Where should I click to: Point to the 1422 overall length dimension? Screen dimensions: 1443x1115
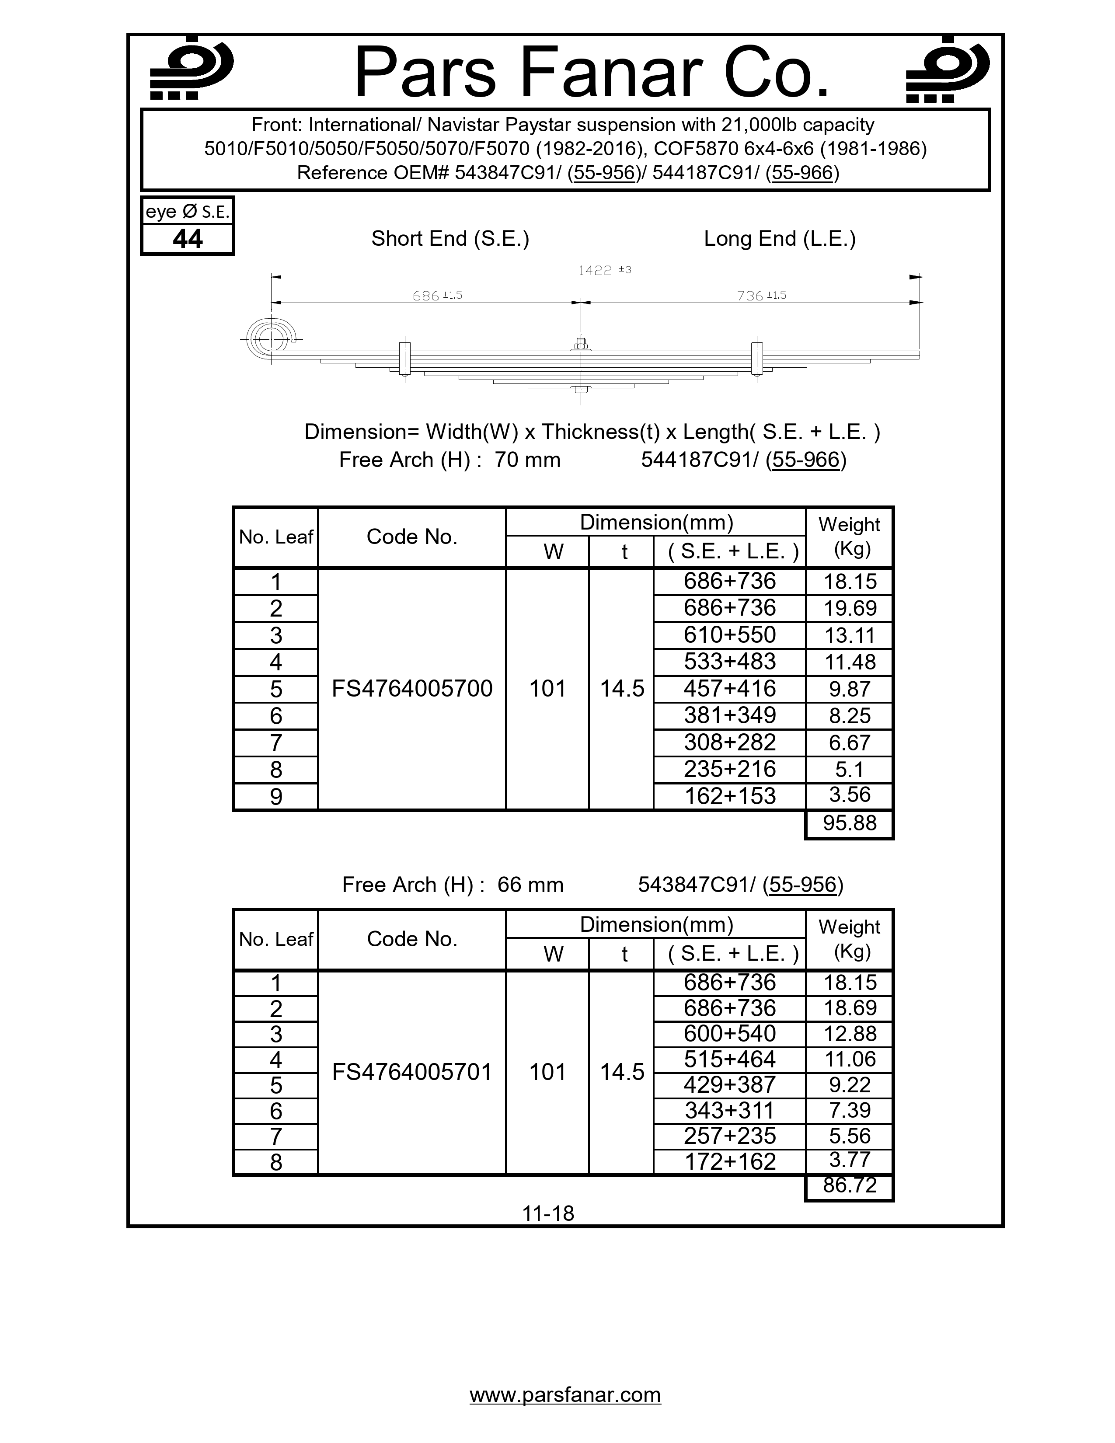click(x=604, y=270)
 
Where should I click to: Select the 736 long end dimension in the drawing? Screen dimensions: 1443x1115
click(x=761, y=296)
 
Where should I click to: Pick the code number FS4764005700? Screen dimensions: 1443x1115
click(x=411, y=688)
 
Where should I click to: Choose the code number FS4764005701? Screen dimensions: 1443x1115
click(x=411, y=1072)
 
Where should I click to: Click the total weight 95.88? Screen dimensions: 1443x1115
click(x=850, y=823)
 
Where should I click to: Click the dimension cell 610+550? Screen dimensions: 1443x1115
click(x=729, y=635)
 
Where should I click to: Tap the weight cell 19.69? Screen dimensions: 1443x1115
click(x=850, y=609)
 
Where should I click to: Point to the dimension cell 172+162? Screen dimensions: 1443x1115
click(x=729, y=1161)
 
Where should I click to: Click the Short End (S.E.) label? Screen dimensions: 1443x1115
click(x=450, y=238)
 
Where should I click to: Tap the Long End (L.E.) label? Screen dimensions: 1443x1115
click(x=780, y=238)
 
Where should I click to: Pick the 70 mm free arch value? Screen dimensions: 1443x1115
click(x=527, y=460)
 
